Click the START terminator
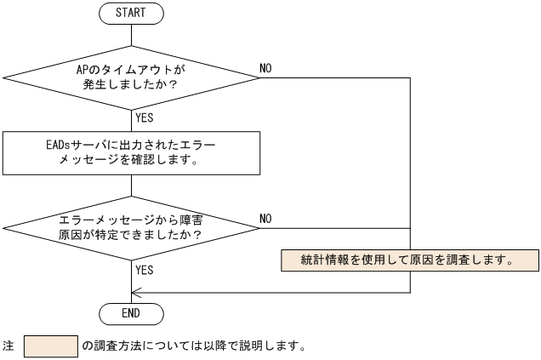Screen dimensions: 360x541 pyautogui.click(x=131, y=13)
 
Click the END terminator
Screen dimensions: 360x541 pyautogui.click(x=131, y=313)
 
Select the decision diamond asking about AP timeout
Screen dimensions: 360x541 pyautogui.click(x=131, y=77)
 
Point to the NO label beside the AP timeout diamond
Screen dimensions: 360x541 pyautogui.click(x=266, y=68)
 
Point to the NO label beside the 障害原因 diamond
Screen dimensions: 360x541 pyautogui.click(x=266, y=219)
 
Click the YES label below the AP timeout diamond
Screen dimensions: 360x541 pyautogui.click(x=145, y=118)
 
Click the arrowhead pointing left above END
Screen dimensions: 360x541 pyautogui.click(x=137, y=292)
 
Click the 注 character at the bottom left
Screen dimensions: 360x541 pyautogui.click(x=9, y=347)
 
